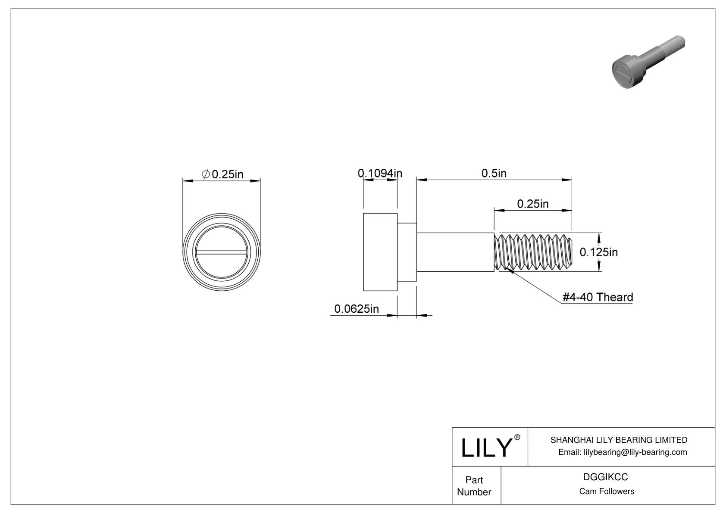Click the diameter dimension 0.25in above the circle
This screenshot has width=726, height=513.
click(228, 174)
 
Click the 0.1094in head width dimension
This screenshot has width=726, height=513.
click(380, 173)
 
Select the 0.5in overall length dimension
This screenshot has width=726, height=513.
click(494, 173)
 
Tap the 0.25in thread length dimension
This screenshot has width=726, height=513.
click(532, 203)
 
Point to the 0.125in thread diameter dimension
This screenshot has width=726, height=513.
click(598, 252)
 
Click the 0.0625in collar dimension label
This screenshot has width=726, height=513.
click(357, 308)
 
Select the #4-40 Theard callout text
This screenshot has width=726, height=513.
click(598, 297)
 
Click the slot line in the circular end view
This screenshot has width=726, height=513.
click(222, 252)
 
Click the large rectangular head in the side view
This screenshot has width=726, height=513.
click(380, 252)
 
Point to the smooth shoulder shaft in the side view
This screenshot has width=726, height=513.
click(455, 252)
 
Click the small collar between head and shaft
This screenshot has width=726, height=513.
click(407, 252)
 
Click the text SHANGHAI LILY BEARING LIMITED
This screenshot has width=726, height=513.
click(619, 440)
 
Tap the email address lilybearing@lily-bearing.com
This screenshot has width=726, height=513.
click(623, 452)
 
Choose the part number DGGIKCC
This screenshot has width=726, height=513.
click(605, 477)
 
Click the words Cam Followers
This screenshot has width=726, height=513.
click(606, 491)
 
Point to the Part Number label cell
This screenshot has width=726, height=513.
click(474, 486)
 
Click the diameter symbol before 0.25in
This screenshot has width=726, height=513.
click(206, 174)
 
